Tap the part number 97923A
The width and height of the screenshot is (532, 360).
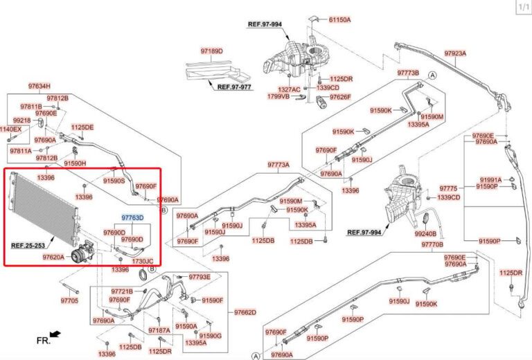point(455,53)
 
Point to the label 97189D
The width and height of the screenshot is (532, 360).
point(212,51)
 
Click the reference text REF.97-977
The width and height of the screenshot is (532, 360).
point(234,88)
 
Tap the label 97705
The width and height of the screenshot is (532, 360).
point(69,300)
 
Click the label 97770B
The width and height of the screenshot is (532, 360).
point(432,245)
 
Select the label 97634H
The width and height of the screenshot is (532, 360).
point(39,87)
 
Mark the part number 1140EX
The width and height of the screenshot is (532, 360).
point(10,129)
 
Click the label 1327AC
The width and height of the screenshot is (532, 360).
point(290,90)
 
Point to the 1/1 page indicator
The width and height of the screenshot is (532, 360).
point(522,7)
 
